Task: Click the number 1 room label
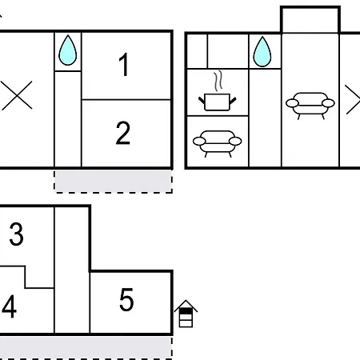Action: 124,65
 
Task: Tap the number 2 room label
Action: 123,133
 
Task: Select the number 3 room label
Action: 16,234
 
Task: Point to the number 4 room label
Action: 10,306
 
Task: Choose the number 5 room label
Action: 126,300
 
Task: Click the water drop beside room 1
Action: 68,50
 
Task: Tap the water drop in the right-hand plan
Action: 262,52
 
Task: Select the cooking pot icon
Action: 217,102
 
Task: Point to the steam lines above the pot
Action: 218,80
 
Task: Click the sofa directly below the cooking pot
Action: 217,143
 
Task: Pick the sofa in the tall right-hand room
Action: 310,106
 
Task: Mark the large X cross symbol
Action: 17,95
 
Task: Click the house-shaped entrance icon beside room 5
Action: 186,314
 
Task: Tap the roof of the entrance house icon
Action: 186,306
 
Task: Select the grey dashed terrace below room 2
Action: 114,182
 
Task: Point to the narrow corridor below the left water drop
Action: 68,119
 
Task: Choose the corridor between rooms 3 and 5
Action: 72,270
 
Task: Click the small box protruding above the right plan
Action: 310,20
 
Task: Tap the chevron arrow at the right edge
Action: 353,100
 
